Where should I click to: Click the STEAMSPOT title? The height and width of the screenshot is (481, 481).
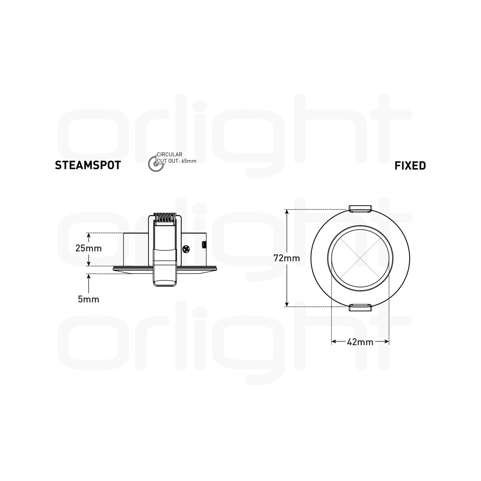[88, 165]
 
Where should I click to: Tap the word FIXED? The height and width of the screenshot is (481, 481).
[410, 166]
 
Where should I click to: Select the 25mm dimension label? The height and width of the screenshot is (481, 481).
[89, 248]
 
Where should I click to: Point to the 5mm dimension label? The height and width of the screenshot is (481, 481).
[89, 299]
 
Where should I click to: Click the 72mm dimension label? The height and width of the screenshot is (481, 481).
[287, 258]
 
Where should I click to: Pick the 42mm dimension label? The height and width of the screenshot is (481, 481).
[360, 342]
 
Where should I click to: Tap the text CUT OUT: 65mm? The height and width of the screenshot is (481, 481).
[177, 161]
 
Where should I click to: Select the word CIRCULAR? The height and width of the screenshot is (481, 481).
[170, 155]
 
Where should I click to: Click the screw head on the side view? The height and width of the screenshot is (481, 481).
[186, 249]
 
